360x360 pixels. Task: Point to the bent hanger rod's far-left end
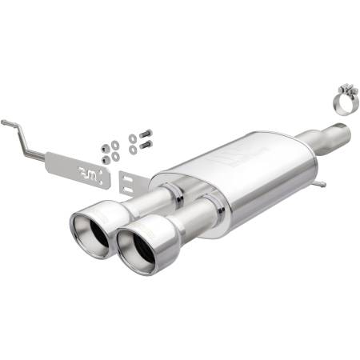pos(5,122)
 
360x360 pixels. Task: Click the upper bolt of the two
pos(145,134)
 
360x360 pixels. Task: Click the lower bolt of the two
pos(145,145)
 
